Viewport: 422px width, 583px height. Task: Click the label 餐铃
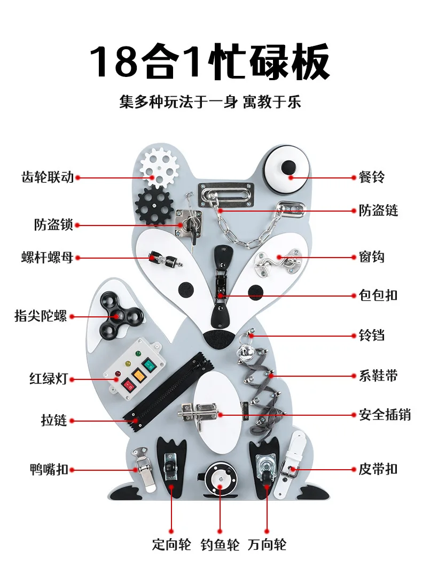[371, 177]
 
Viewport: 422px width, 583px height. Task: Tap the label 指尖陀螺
[41, 316]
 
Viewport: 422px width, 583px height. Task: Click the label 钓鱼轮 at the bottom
[220, 545]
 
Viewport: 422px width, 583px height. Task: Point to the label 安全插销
[385, 414]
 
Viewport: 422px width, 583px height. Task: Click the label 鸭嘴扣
[49, 470]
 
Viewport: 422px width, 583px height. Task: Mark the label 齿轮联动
[48, 177]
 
